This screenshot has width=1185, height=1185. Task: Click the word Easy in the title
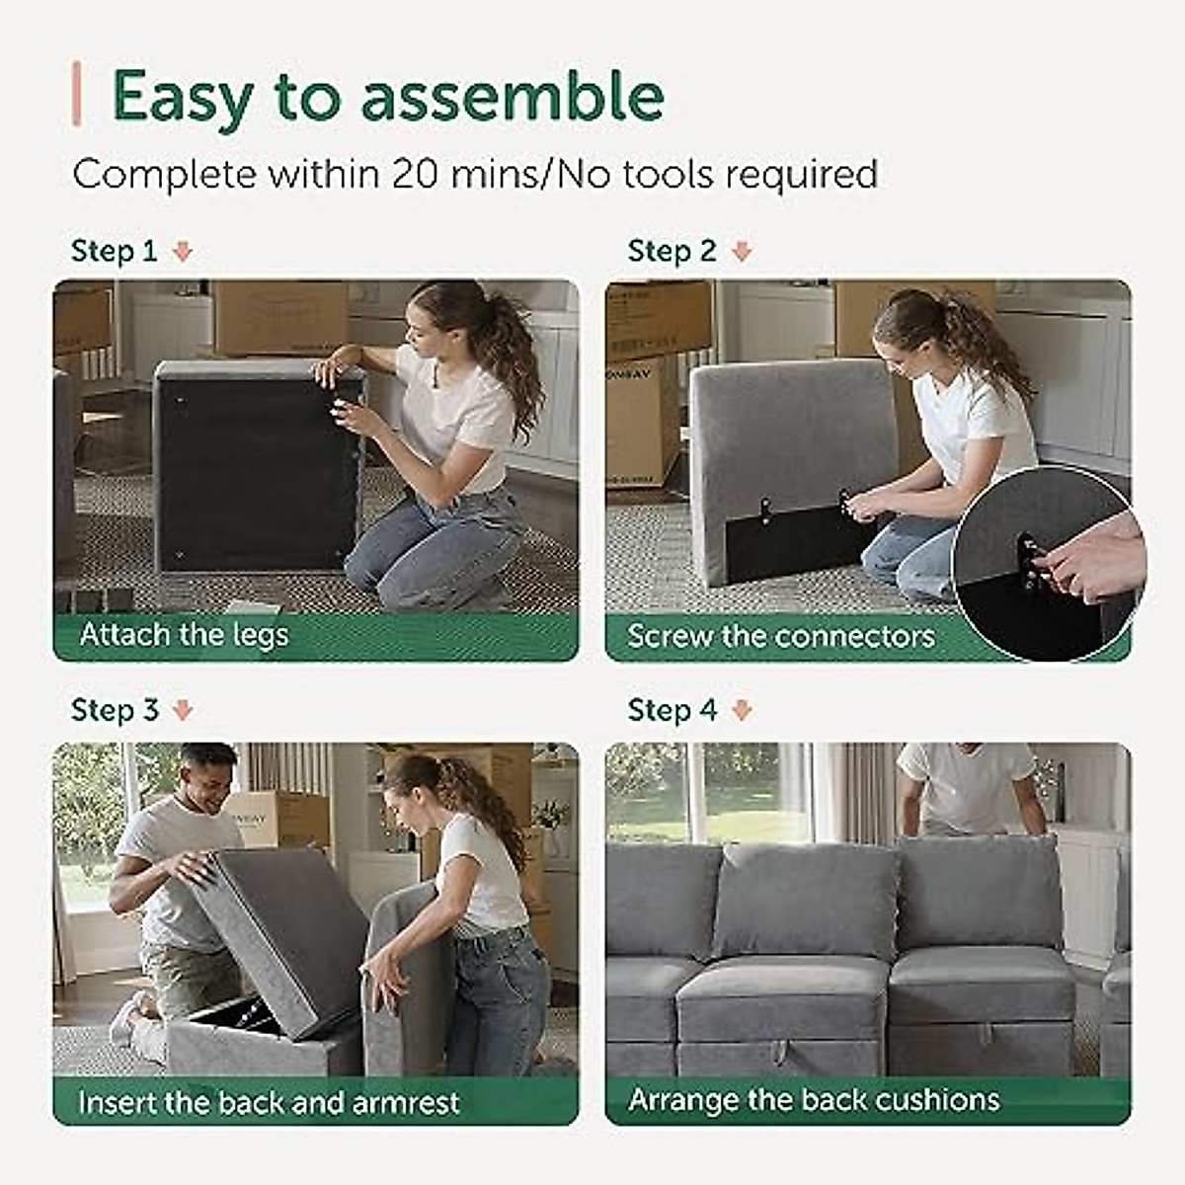183,97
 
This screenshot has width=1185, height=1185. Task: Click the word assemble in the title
512,97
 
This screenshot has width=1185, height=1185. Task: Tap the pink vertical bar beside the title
76,95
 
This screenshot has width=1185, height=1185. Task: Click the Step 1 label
114,251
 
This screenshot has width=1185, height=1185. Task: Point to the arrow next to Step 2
742,252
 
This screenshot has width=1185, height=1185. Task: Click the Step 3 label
114,710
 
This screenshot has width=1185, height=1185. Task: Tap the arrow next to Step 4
742,710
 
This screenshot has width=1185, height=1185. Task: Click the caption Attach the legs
184,634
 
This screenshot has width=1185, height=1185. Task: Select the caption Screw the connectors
780,635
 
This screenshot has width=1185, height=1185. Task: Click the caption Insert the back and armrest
269,1102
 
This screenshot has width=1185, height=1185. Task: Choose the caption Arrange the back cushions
814,1099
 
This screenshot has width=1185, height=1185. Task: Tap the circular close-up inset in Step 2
1047,563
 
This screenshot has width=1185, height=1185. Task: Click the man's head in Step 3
208,770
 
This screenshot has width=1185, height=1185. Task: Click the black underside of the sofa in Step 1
252,474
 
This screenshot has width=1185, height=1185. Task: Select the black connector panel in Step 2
790,543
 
